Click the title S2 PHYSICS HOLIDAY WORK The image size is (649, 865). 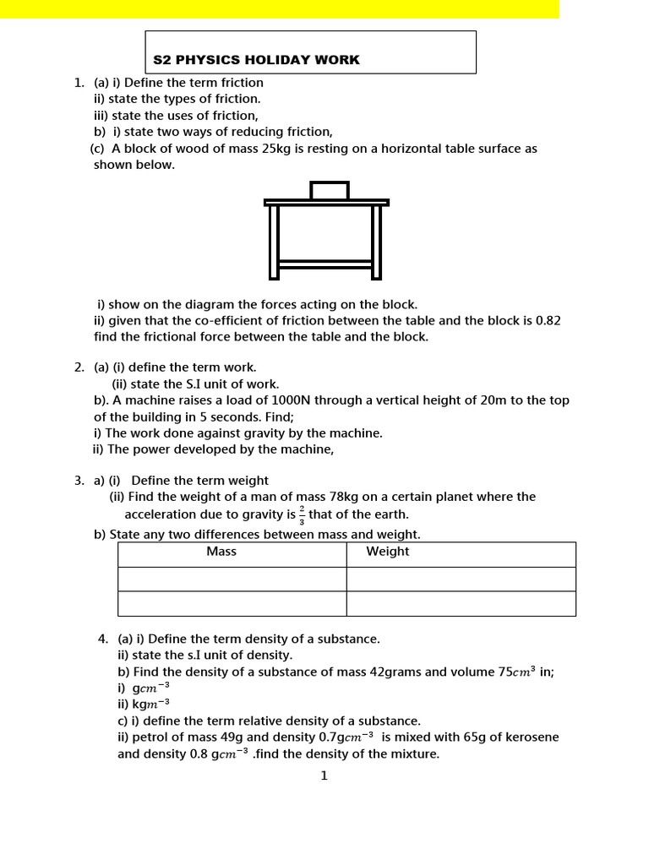click(x=256, y=60)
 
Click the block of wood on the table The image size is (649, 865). click(x=329, y=190)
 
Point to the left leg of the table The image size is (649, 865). click(x=274, y=242)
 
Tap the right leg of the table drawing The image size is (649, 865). click(x=376, y=242)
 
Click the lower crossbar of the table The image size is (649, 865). click(x=325, y=264)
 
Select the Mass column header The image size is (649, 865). click(x=221, y=552)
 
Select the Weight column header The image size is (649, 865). click(x=387, y=552)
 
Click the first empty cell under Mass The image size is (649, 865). click(x=232, y=579)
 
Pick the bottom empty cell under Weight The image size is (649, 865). click(x=461, y=604)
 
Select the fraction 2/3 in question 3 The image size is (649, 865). click(x=302, y=515)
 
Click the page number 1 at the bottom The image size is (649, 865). click(x=324, y=776)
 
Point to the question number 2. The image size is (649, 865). click(x=79, y=367)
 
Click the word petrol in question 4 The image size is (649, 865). click(x=147, y=737)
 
